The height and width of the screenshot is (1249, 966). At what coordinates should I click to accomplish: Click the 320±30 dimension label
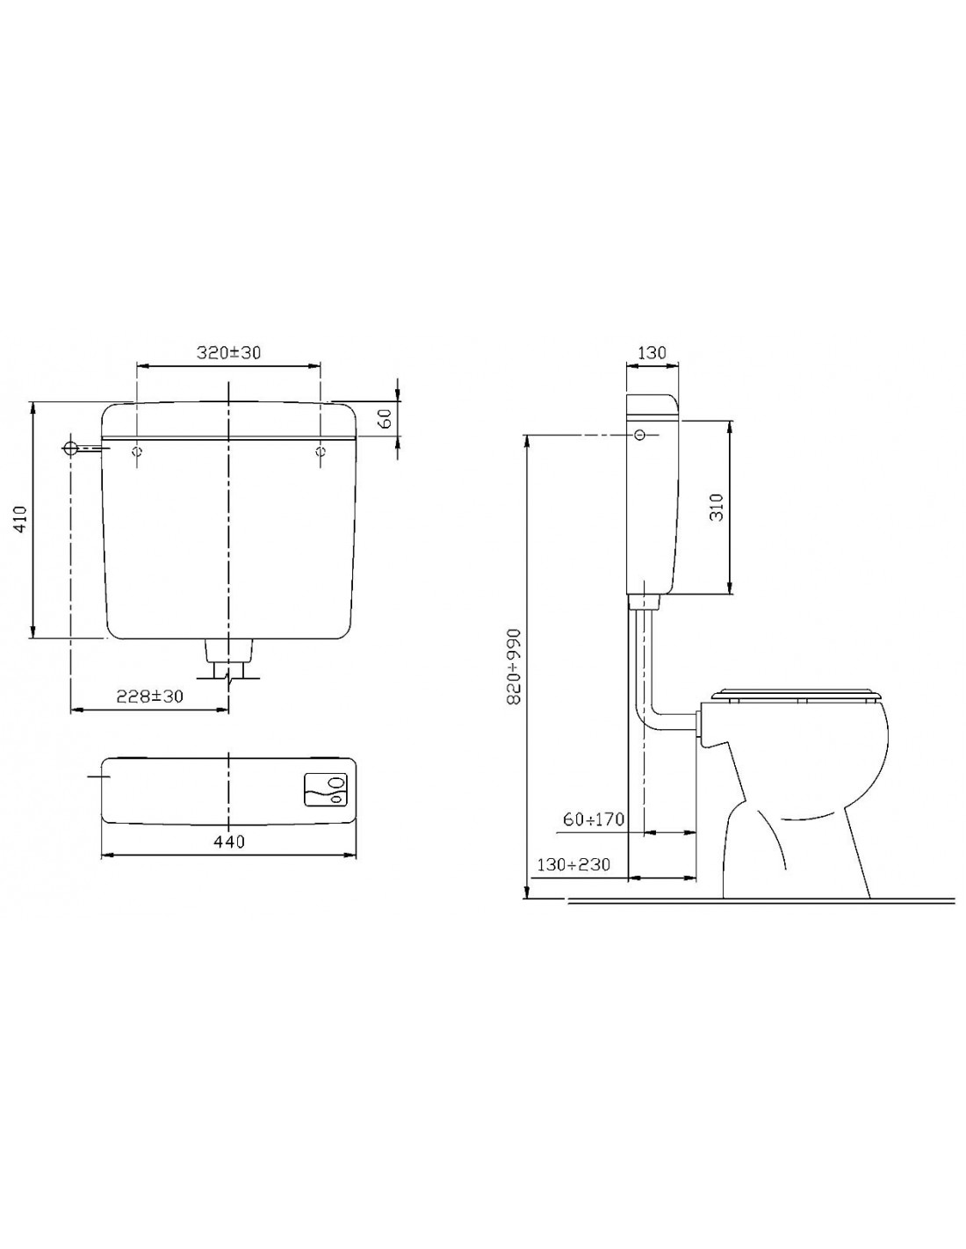228,352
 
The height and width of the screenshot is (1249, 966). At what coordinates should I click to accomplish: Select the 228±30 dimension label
149,697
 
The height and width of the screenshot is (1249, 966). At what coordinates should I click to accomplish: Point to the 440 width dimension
229,841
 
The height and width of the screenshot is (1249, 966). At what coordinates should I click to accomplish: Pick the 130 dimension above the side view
651,352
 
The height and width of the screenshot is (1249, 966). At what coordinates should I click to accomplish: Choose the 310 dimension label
717,507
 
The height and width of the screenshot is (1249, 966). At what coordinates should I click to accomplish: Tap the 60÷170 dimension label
593,819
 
